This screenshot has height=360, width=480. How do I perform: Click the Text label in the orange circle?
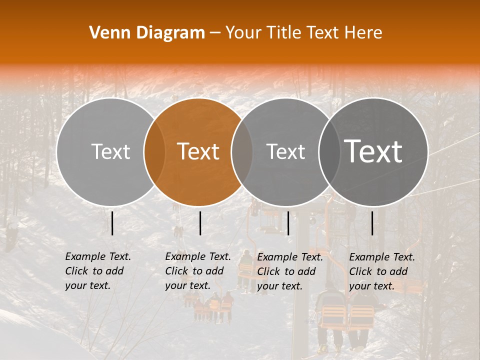(198, 151)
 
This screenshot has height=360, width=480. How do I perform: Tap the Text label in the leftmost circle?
(111, 151)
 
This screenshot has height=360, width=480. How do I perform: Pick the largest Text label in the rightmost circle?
(373, 151)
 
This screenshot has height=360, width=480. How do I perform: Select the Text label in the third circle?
(286, 151)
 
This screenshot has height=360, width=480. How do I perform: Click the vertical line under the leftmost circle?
(112, 223)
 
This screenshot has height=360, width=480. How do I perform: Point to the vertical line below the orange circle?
(200, 223)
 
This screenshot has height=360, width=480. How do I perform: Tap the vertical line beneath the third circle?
(288, 223)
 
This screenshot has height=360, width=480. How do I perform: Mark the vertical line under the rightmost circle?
(372, 223)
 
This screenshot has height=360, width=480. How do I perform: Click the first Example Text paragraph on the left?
(98, 271)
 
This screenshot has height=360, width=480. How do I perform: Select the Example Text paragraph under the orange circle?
(198, 271)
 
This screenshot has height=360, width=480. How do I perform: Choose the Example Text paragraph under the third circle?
(290, 271)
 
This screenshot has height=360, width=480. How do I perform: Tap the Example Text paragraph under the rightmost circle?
(382, 271)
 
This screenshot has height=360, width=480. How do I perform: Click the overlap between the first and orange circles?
(154, 151)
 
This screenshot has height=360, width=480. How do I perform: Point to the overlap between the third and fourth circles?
(328, 151)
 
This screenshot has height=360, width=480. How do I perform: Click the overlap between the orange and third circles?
(242, 151)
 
